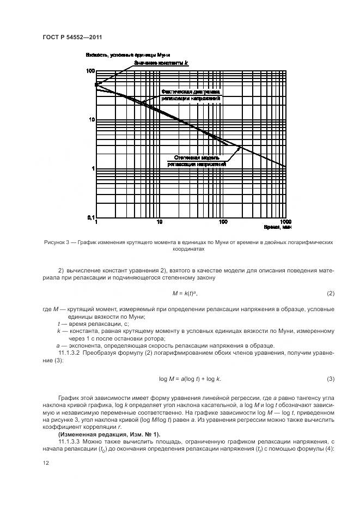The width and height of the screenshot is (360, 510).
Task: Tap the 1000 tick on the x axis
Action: (x=285, y=222)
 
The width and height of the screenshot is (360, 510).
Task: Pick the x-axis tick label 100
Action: (x=222, y=222)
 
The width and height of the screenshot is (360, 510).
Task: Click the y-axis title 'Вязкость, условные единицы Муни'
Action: (x=129, y=56)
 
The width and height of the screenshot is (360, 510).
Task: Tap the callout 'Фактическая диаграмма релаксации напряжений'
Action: (x=191, y=95)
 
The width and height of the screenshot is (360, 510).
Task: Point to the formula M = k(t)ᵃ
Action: (x=185, y=294)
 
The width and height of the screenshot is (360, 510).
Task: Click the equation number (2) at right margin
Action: (x=330, y=294)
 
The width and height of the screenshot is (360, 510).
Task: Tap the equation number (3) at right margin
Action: (x=330, y=379)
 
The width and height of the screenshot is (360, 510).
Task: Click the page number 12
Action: (x=45, y=463)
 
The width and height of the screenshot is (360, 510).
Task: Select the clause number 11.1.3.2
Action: (x=72, y=354)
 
